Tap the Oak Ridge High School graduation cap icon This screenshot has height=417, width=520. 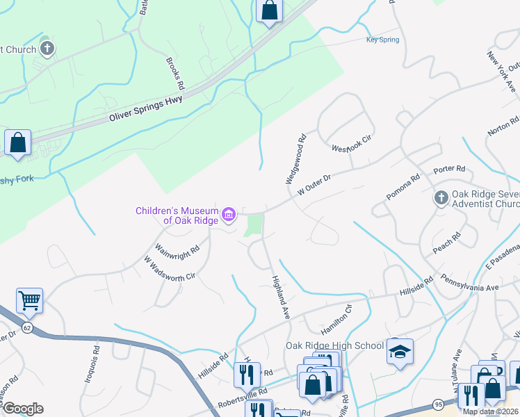tap(400, 352)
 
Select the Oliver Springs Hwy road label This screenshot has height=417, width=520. tap(146, 111)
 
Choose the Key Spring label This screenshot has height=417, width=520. tap(382, 40)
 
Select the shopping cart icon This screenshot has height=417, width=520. tap(29, 301)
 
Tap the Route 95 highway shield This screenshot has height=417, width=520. tap(438, 404)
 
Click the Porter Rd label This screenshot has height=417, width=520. tap(448, 170)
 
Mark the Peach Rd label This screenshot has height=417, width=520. tap(447, 247)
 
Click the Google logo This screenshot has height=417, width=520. tap(23, 409)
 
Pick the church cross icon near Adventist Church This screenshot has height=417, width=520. tap(441, 199)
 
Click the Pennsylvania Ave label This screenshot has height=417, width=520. tap(470, 284)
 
